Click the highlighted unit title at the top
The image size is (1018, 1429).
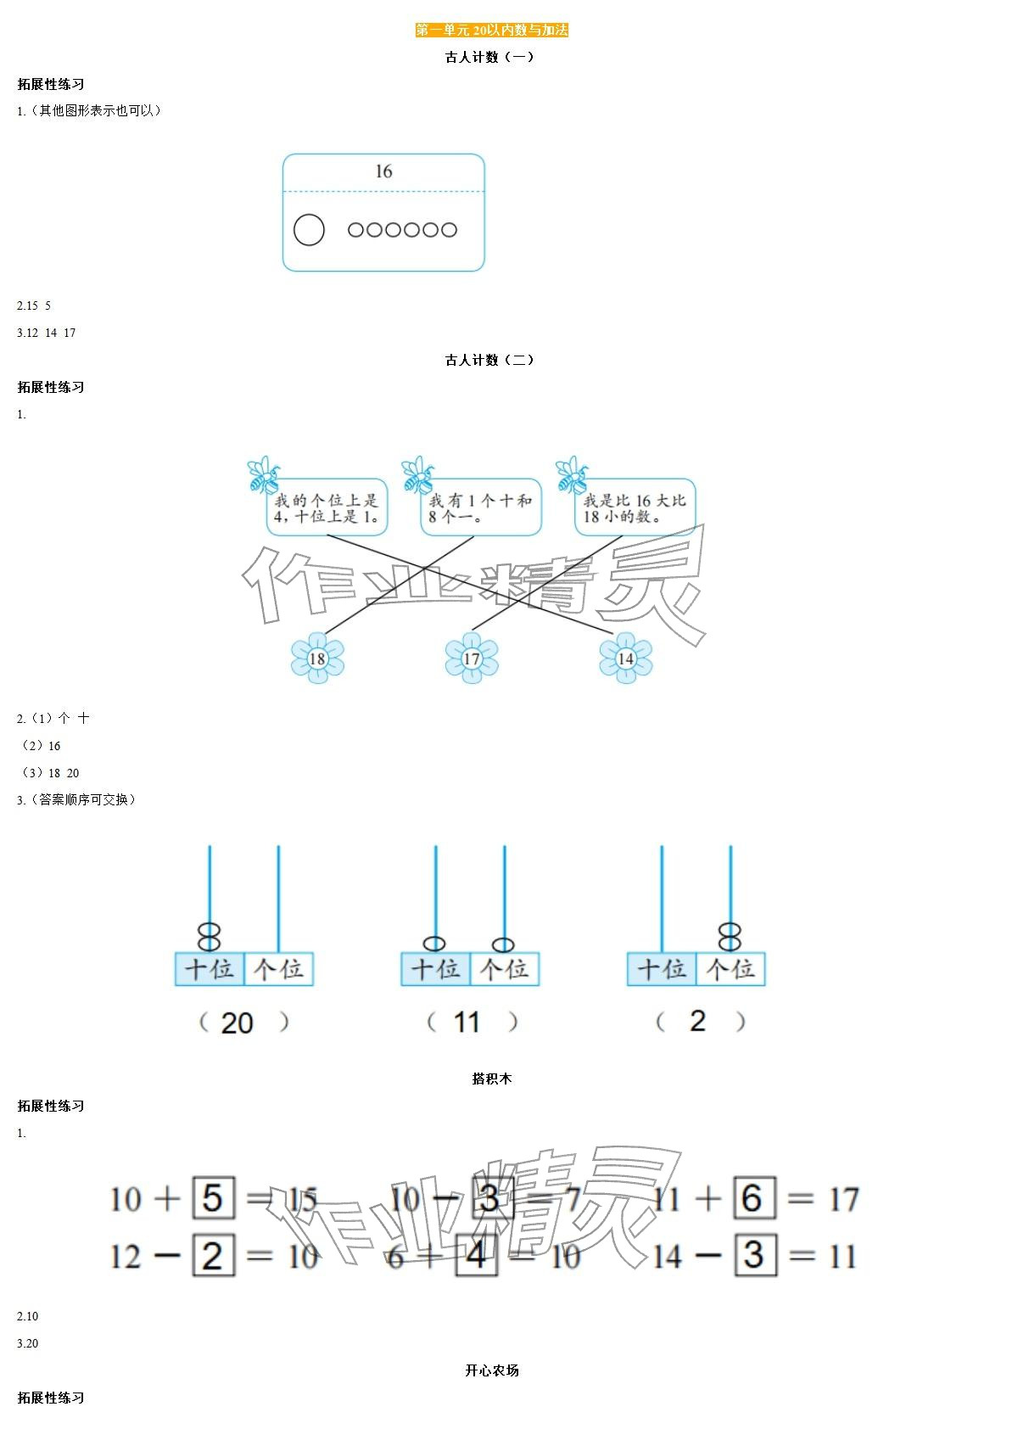pos(491,31)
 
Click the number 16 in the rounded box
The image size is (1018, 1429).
pos(383,171)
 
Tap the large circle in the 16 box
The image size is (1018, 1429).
pos(309,229)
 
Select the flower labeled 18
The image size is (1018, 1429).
pos(317,658)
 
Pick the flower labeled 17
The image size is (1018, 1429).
pos(472,658)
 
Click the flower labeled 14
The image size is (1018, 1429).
pos(626,658)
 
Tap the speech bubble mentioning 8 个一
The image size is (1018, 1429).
pos(481,507)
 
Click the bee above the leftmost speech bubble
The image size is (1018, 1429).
pos(262,475)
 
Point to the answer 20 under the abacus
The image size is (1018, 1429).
pos(237,1023)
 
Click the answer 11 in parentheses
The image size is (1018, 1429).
pos(467,1022)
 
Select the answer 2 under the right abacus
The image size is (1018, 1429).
pos(697,1021)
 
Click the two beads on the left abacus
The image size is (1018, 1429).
pos(210,937)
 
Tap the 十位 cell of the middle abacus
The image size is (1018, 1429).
pos(435,969)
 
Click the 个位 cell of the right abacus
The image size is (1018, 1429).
pos(730,969)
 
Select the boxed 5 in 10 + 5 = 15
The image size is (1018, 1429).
pos(213,1198)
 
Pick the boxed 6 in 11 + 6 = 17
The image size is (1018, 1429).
pos(752,1198)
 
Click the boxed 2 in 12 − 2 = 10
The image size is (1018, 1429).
pos(213,1256)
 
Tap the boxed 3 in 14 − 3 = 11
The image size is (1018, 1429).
pos(753,1256)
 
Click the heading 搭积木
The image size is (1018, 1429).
pos(492,1079)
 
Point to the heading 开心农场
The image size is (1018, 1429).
pos(492,1370)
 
